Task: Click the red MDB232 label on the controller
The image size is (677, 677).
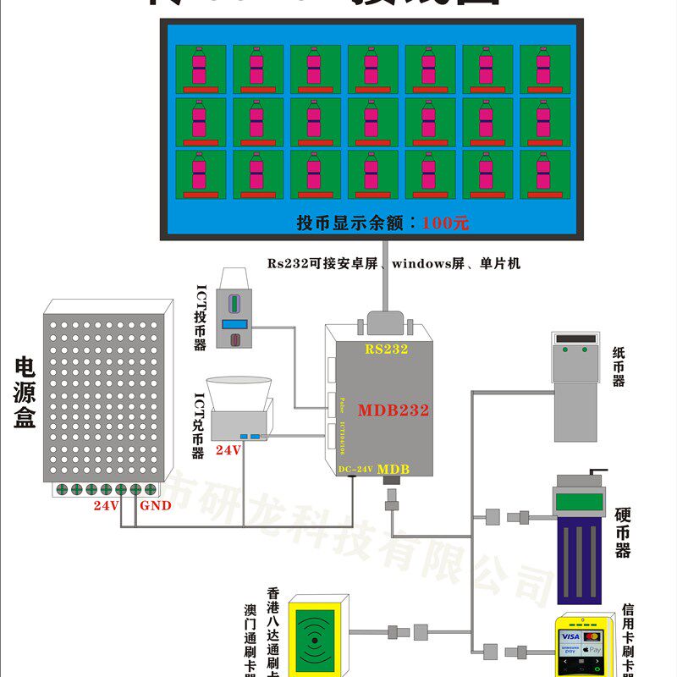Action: (x=393, y=410)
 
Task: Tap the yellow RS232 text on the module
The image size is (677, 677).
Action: (x=386, y=349)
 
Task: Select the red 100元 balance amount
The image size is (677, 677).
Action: (x=444, y=223)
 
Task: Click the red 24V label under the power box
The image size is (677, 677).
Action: (x=106, y=506)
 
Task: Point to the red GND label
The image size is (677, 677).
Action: (x=155, y=506)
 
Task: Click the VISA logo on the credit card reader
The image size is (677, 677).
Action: (x=570, y=636)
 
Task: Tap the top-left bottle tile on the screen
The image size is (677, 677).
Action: (x=201, y=69)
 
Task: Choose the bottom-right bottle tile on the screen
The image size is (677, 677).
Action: (x=544, y=174)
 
